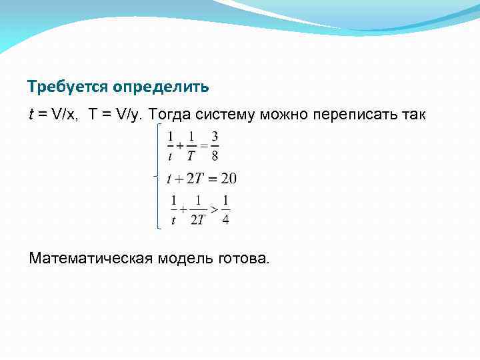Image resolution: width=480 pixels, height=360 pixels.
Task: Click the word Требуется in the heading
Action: (69, 87)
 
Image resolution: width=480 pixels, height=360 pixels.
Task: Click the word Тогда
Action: (174, 115)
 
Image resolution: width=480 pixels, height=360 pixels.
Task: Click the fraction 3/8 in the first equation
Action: (215, 146)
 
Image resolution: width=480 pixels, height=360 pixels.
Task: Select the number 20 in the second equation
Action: (229, 178)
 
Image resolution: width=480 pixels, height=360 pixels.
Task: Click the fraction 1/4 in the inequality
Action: (225, 210)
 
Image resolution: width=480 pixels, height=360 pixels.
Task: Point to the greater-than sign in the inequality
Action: (213, 209)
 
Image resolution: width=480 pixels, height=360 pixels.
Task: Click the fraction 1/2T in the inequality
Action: (197, 210)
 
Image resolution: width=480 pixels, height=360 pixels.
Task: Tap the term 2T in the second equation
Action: (194, 178)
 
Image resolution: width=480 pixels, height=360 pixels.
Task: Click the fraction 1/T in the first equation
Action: (191, 146)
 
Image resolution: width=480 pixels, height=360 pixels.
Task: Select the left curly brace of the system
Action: (157, 176)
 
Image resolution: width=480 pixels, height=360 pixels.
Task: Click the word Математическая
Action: (91, 258)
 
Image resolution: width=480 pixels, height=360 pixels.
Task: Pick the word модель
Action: (185, 258)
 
